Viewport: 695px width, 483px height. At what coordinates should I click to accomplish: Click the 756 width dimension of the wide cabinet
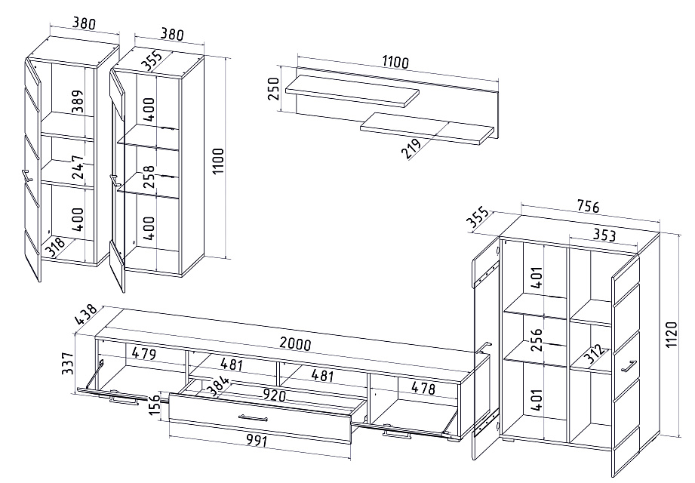(589, 206)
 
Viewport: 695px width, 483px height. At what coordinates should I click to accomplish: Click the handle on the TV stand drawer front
(254, 417)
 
